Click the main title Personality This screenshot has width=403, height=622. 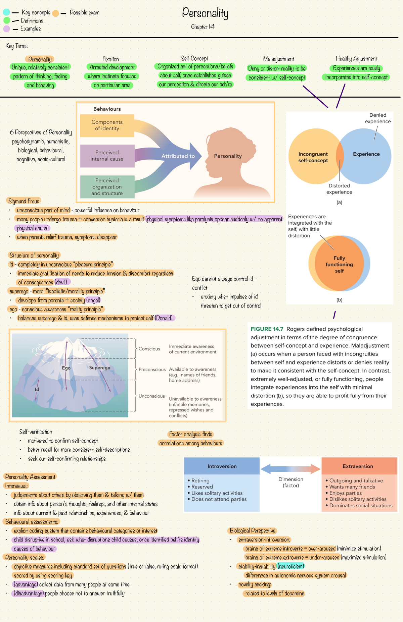pyautogui.click(x=205, y=13)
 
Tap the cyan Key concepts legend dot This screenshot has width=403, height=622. pyautogui.click(x=6, y=12)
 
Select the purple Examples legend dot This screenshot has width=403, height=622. pyautogui.click(x=6, y=29)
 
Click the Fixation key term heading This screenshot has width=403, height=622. pyautogui.click(x=110, y=59)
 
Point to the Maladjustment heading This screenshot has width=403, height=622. pyautogui.click(x=278, y=59)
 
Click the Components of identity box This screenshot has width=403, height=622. pyautogui.click(x=107, y=125)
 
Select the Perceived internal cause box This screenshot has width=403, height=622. pyautogui.click(x=107, y=156)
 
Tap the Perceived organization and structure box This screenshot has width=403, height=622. pyautogui.click(x=107, y=187)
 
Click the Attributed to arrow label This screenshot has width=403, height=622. pyautogui.click(x=178, y=156)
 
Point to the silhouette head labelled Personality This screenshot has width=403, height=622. pyautogui.click(x=228, y=156)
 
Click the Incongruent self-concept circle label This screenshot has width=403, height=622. pyautogui.click(x=313, y=157)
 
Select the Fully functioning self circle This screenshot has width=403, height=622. pyautogui.click(x=339, y=264)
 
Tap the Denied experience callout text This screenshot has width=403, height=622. pyautogui.click(x=378, y=118)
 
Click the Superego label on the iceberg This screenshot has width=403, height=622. pyautogui.click(x=100, y=368)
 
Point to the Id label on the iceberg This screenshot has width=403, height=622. pyautogui.click(x=37, y=389)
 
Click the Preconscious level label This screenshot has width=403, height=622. pyautogui.click(x=152, y=370)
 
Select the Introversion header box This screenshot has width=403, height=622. pyautogui.click(x=222, y=466)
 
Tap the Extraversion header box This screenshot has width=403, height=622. pyautogui.click(x=358, y=466)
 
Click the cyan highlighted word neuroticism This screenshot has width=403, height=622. pyautogui.click(x=291, y=566)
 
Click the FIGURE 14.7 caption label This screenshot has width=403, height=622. pyautogui.click(x=267, y=329)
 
